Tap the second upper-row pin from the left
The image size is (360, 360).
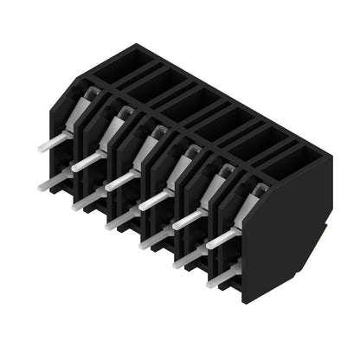click(86, 161)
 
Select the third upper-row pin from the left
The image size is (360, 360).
click(120, 181)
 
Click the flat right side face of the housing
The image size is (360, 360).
click(290, 234)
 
